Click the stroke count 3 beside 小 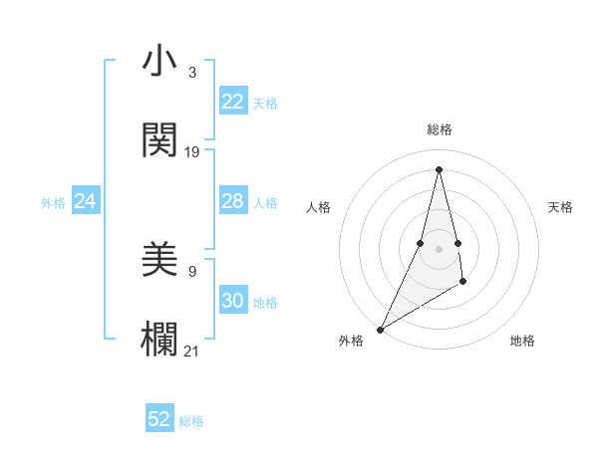(x=191, y=73)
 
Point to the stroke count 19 (x=192, y=152)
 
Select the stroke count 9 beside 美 (x=191, y=270)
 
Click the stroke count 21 (x=192, y=350)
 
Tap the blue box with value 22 (x=232, y=102)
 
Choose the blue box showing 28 (x=232, y=201)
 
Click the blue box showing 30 (x=232, y=301)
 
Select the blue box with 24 (x=86, y=201)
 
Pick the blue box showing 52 (x=159, y=419)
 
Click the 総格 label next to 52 (x=191, y=421)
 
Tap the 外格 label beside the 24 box (x=53, y=203)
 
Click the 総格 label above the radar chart (x=439, y=129)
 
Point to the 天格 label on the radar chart (x=560, y=207)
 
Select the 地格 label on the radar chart (x=522, y=341)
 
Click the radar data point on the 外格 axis (x=381, y=329)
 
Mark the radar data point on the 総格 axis (x=439, y=168)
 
